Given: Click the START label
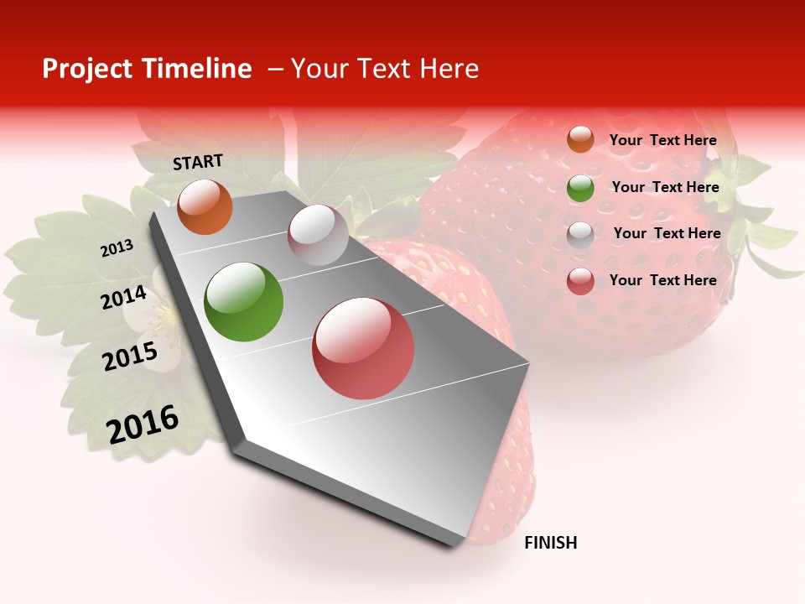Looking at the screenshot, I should point(198,162).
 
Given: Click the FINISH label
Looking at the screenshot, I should point(550,543).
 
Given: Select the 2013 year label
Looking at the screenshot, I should point(117,248).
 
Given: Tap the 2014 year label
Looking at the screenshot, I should point(124,297).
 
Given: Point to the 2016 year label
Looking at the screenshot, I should point(143,424).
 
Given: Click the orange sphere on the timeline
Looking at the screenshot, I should point(205,206).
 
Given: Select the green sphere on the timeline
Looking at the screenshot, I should point(244,302).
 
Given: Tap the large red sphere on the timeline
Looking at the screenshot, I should point(363,348).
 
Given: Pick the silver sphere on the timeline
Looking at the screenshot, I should point(318,235).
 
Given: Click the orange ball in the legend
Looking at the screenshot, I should point(580,139).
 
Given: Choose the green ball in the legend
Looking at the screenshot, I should point(580,188).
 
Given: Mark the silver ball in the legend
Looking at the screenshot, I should point(580,235).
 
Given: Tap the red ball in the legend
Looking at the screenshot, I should point(580,281).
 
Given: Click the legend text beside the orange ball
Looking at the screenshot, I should point(662,140).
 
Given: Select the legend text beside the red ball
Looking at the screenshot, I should point(662,280).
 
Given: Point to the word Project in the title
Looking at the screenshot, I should point(86,69).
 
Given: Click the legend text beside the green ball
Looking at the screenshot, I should point(665,187).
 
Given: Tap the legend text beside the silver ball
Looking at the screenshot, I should point(667,233).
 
